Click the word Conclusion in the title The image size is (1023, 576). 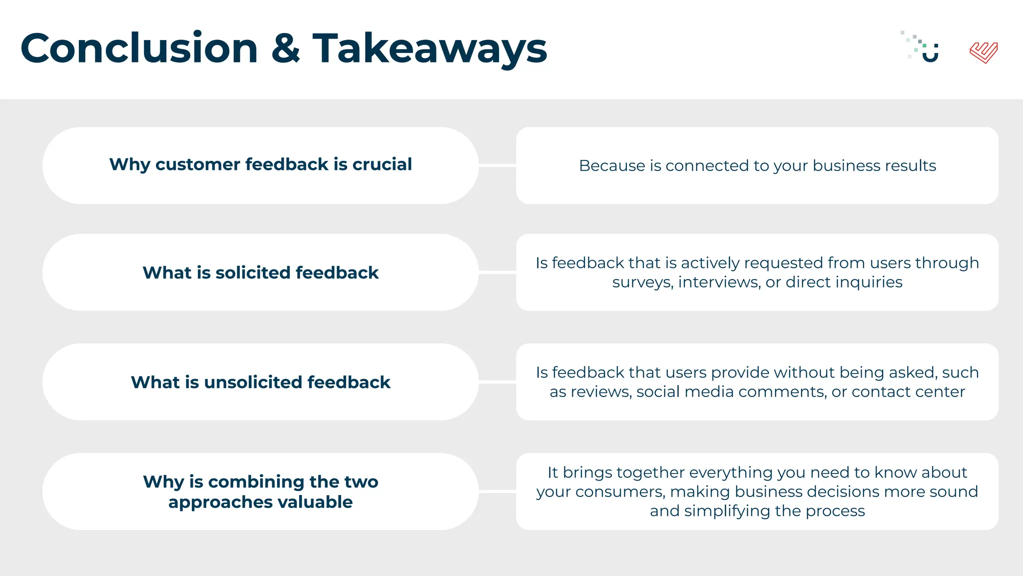tap(139, 48)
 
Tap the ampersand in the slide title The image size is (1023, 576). tap(286, 48)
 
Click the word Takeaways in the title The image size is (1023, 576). tap(430, 48)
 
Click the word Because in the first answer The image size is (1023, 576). tap(612, 165)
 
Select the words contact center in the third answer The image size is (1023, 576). tap(908, 391)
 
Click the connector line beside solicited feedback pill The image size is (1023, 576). tap(497, 272)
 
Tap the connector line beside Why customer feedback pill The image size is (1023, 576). tap(497, 165)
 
